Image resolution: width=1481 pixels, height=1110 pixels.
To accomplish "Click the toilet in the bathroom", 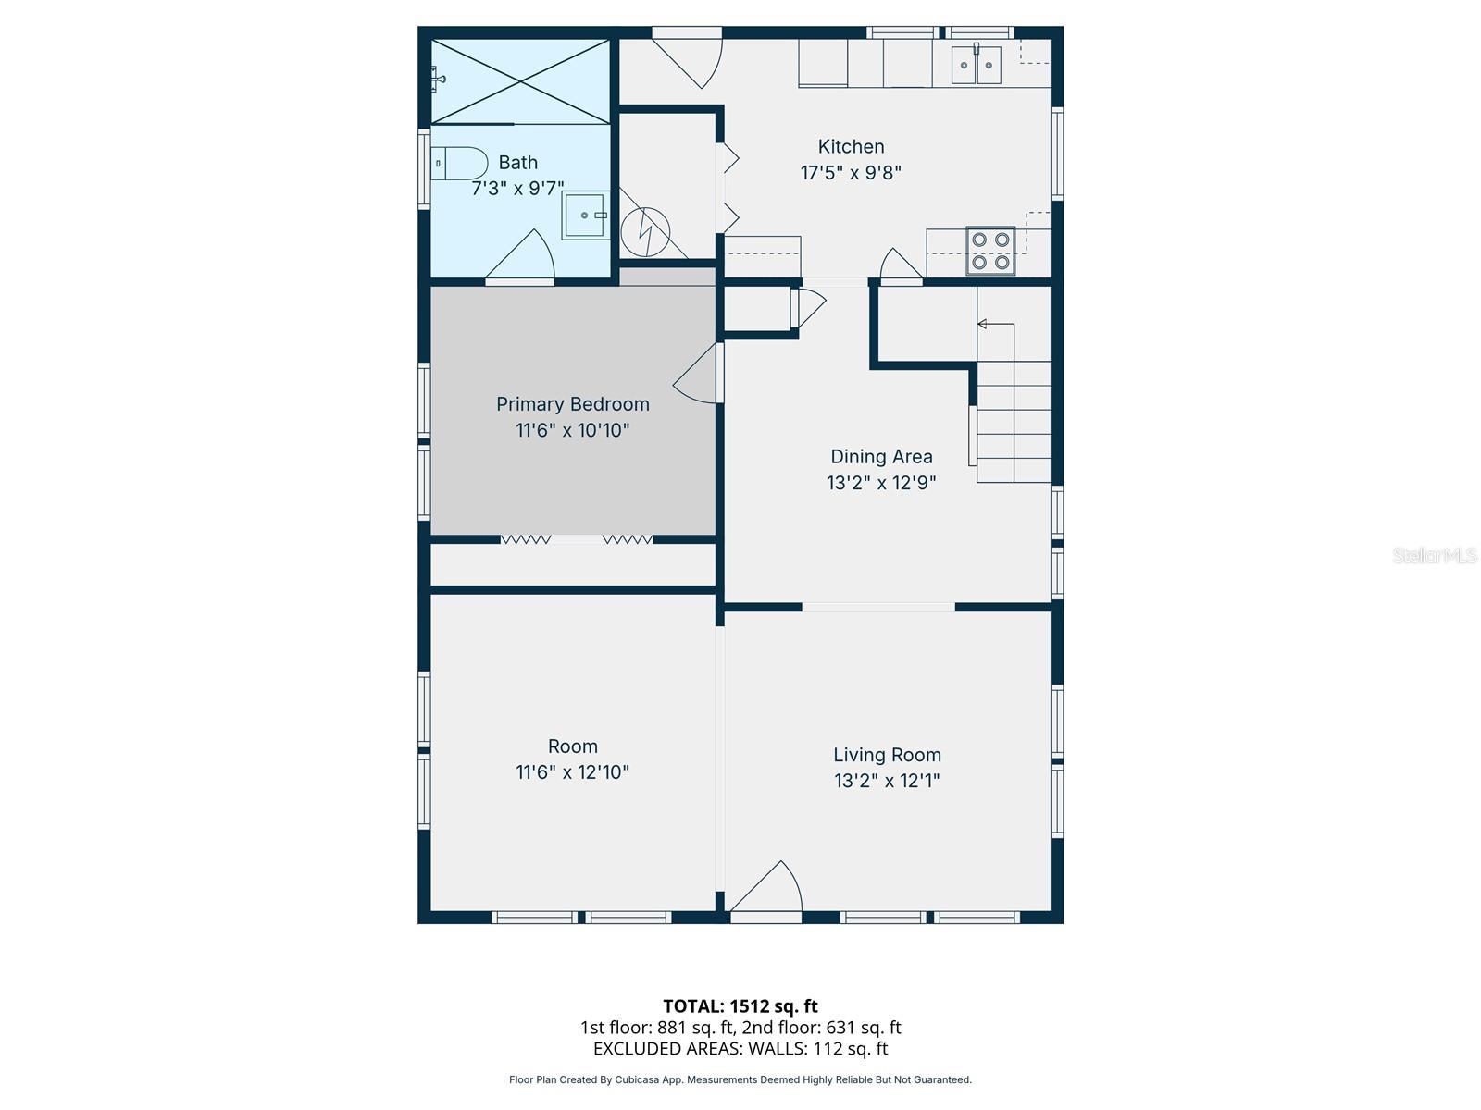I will pos(460,164).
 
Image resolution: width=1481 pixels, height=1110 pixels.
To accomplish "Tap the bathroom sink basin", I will pos(586,215).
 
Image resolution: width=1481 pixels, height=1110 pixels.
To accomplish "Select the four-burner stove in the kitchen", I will pos(990,251).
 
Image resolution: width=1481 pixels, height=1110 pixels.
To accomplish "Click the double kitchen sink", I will pos(977,65).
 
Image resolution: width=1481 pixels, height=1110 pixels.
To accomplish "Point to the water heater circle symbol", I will pos(645,232).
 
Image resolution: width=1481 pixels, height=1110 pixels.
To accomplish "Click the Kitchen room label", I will pos(851,146).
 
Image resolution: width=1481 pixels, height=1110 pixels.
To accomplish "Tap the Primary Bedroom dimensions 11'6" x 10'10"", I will pos(572,430).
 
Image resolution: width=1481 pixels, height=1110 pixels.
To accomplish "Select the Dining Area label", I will pos(881,456).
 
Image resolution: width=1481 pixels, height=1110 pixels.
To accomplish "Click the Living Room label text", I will pos(887,755).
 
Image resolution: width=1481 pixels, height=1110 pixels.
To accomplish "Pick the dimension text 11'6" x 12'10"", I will pos(572,772).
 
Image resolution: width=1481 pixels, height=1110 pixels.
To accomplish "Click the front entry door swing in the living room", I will pos(768,888).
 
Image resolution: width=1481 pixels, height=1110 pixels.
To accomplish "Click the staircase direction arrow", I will pos(983,324).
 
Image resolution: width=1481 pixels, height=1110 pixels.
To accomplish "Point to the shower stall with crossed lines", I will pos(521,81).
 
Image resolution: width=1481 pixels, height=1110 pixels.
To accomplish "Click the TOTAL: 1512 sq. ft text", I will pos(740,1005).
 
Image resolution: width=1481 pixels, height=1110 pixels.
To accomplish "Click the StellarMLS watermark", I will pos(1434,555).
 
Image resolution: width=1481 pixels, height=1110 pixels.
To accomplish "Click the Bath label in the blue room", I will pos(517,163).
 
